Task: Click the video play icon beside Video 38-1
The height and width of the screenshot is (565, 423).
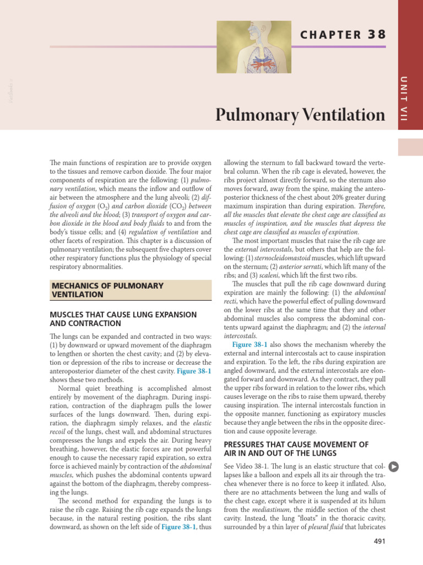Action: [393, 466]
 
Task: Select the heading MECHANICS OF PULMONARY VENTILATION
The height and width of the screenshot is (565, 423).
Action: [107, 290]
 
